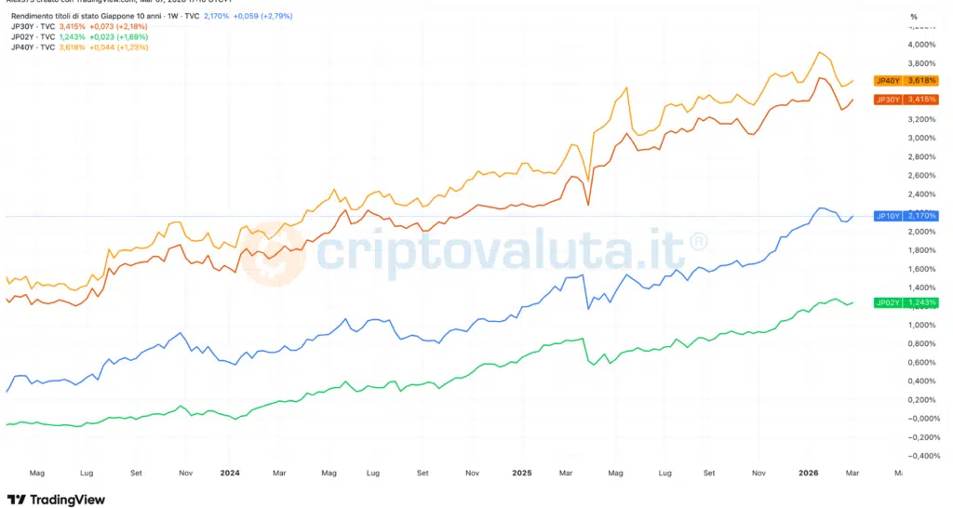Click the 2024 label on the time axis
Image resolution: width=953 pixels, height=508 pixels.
point(230,473)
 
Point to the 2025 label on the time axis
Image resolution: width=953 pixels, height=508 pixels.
point(521,473)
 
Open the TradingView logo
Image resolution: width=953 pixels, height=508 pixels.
point(56,500)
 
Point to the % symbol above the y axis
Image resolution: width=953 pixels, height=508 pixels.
point(913,17)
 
